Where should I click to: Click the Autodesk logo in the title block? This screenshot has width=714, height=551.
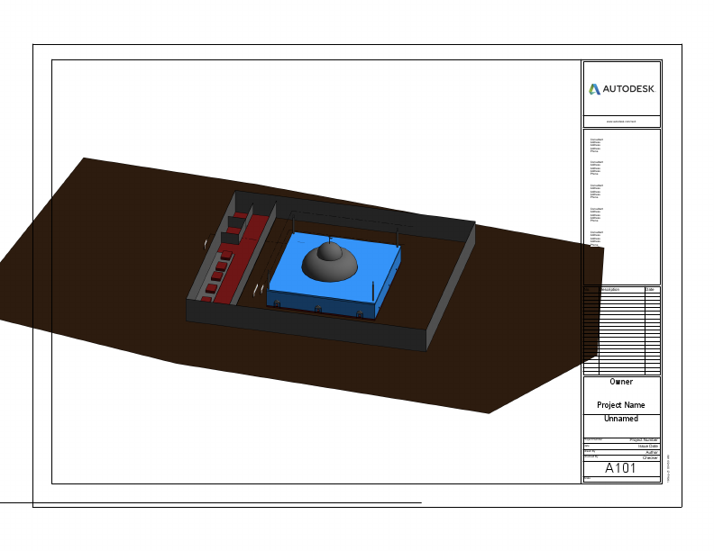pos(621,89)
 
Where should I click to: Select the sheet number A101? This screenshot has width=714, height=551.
pos(620,468)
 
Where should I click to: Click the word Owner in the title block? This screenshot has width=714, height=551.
pos(621,382)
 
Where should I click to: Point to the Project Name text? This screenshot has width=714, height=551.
pos(621,405)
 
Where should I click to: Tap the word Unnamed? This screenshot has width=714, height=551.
pos(621,419)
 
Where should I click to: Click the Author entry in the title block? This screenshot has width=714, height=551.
pos(649,452)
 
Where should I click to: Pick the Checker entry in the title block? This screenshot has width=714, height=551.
pos(649,457)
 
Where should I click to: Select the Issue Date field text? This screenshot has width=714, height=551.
pos(647,446)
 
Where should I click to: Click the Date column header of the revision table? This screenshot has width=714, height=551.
pos(650,290)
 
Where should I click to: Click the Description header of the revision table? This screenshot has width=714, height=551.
pos(610,290)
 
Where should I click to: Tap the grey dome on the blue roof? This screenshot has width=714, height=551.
pos(330,264)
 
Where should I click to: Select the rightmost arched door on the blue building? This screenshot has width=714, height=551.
pos(362,313)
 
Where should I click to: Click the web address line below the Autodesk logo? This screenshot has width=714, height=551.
pos(621,121)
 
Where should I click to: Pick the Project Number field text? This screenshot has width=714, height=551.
pos(645,439)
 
